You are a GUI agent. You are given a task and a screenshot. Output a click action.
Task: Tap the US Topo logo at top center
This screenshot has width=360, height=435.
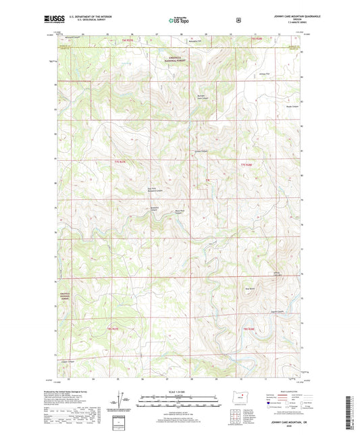point(179,20)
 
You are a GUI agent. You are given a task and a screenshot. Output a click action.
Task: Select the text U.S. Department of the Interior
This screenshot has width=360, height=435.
point(93,16)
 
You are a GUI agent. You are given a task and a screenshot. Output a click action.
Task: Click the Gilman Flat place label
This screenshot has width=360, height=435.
point(274,73)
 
